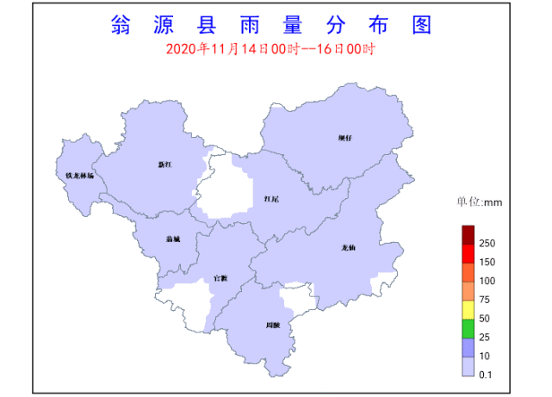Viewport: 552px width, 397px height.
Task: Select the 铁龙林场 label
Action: (80, 176)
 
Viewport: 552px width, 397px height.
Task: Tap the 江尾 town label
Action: (271, 199)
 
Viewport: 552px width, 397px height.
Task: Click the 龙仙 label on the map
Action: (349, 247)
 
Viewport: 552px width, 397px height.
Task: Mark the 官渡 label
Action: (220, 277)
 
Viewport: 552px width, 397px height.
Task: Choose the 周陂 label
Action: (273, 325)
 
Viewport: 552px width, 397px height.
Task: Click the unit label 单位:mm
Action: (479, 203)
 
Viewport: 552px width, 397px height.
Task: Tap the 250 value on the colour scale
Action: (487, 244)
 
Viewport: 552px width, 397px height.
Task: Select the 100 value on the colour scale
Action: (487, 281)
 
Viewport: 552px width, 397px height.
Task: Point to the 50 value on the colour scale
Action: (485, 319)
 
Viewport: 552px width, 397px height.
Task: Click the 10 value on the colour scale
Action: (485, 356)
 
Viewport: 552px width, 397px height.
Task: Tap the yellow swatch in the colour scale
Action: (468, 309)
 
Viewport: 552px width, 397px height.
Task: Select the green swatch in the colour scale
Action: (468, 328)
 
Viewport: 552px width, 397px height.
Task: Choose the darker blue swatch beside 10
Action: (468, 347)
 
